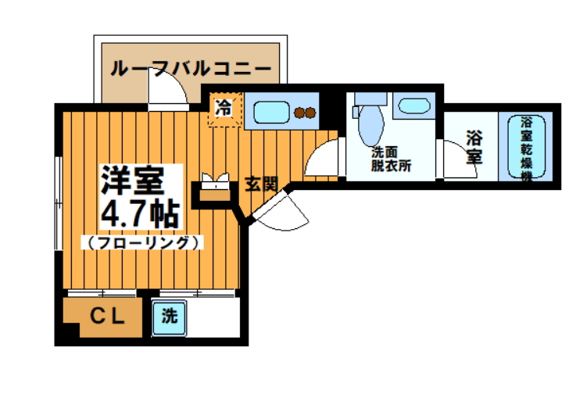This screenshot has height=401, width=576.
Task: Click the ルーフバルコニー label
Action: tap(191, 69)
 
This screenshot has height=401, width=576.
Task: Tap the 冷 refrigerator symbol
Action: tap(224, 108)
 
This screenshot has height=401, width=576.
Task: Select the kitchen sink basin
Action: tap(270, 110)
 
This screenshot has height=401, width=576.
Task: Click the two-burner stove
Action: tap(305, 112)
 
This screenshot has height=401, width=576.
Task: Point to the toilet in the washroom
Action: tap(369, 121)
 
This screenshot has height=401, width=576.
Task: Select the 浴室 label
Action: tap(474, 146)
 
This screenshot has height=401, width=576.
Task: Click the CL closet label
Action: tap(108, 317)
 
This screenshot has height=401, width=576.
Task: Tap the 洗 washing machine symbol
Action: tap(168, 317)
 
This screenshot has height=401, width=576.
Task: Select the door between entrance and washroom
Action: tap(322, 158)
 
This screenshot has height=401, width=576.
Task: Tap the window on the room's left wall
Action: tap(59, 203)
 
